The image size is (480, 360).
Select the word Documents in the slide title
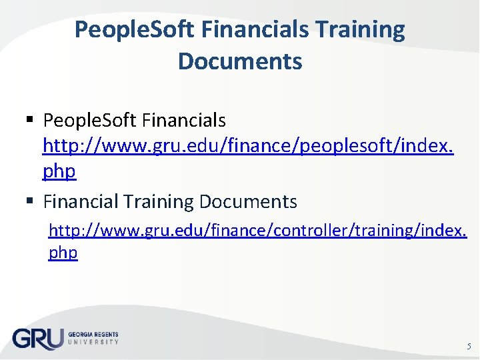point(240,61)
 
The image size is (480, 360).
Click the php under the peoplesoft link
point(59,171)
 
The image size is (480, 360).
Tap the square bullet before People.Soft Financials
point(29,121)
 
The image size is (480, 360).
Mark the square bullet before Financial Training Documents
point(29,201)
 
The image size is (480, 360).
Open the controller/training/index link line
point(258,231)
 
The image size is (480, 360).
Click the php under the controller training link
point(63,253)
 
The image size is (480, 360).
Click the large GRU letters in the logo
point(37,338)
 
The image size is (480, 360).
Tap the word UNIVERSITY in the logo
point(93,341)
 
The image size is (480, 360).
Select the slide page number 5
point(467,346)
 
